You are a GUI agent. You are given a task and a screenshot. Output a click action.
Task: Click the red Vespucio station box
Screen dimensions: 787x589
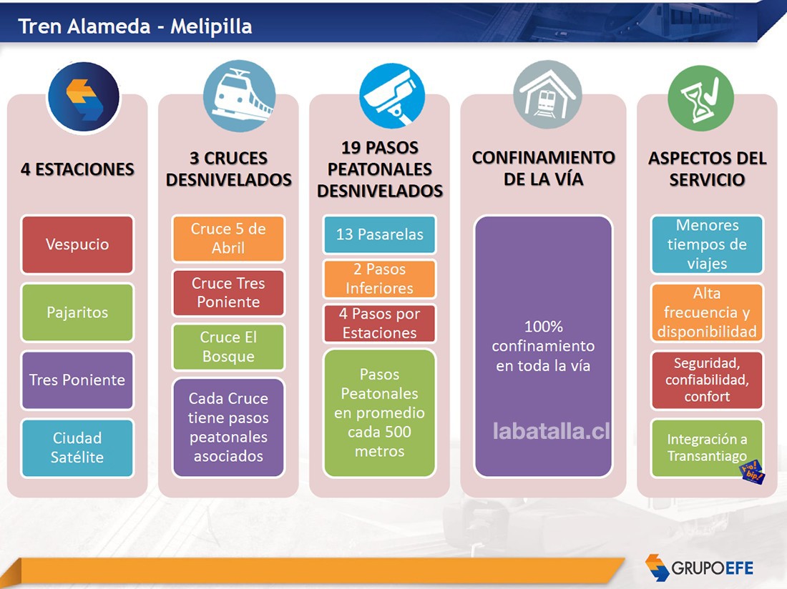coord(77,244)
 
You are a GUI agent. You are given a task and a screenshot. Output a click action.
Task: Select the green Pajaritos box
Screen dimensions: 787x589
coord(77,312)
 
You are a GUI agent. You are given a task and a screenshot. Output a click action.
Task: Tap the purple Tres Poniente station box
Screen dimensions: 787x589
coord(77,380)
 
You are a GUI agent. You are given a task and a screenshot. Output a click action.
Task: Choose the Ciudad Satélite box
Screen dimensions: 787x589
coord(77,447)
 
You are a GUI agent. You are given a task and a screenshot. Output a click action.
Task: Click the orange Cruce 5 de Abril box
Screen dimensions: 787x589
coord(228,239)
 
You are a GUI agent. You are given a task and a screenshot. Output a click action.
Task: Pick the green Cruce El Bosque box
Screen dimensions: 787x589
coord(228,347)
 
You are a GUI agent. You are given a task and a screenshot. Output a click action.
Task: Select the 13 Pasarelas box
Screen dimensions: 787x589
coord(379,234)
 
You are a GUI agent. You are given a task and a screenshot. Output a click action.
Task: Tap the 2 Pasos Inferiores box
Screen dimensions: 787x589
coord(379,279)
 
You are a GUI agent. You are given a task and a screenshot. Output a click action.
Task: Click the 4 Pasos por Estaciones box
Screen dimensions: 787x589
coord(379,323)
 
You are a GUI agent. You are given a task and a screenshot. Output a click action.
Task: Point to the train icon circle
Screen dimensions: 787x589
coord(240,96)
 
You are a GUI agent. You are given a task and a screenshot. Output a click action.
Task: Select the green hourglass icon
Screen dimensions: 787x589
coord(700,98)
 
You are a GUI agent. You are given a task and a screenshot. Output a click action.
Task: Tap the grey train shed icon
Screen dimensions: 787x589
coord(547,95)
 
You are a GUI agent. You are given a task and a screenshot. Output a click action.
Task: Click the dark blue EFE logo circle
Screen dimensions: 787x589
coord(84,97)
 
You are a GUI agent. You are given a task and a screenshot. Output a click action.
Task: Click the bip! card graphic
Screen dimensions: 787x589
coord(753,472)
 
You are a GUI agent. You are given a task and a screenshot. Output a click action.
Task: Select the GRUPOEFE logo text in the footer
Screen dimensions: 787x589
coord(712,568)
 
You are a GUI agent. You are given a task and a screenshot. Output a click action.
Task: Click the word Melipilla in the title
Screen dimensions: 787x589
coord(211,26)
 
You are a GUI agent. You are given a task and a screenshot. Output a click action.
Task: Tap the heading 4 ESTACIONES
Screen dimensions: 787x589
coord(77,169)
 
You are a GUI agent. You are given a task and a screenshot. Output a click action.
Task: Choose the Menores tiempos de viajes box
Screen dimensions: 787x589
coord(707,244)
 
